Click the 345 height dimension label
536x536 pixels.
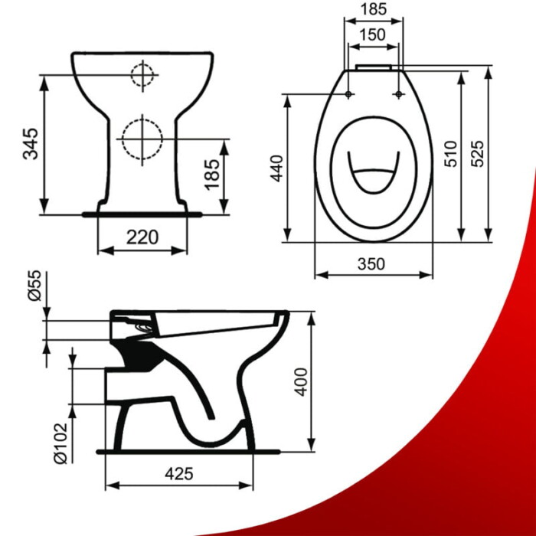pos(30,143)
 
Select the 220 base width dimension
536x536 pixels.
pos(142,237)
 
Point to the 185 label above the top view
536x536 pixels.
pos(372,11)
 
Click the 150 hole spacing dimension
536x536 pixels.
pos(372,34)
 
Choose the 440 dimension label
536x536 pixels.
pos(276,167)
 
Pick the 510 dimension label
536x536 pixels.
pos(450,154)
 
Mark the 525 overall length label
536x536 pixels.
pos(478,153)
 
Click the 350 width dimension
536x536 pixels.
pos(373,263)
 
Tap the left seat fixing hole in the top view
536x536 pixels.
pos(349,94)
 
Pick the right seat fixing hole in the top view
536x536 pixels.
pos(398,94)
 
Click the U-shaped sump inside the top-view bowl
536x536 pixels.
pos(373,174)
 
